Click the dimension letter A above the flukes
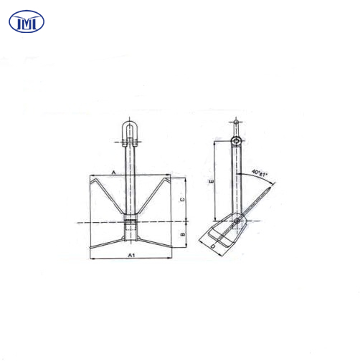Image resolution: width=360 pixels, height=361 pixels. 113,172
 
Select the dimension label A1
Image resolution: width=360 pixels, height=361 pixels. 131,255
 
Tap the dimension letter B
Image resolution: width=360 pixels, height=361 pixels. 182,235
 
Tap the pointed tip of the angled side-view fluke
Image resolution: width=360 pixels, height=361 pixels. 270,183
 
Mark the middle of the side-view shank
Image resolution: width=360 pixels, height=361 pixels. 237,179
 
